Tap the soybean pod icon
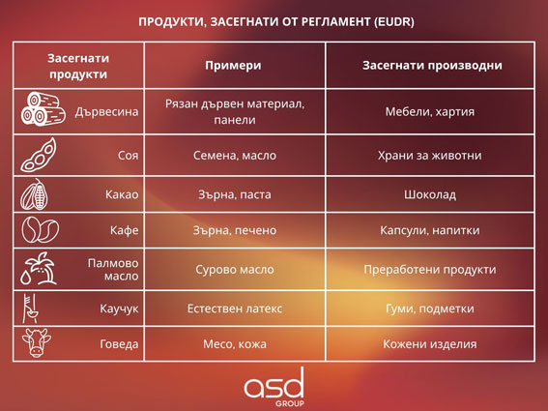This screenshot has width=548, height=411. coord(39,155)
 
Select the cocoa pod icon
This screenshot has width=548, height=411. coord(34,194)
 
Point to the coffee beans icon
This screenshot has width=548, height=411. coord(41,230)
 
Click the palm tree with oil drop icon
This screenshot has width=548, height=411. coord(39,269)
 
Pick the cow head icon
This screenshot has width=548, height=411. coord(37,342)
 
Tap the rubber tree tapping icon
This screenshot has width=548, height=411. coord(31,308)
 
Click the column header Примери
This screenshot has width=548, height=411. coord(233,66)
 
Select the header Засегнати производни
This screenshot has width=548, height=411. coord(432,66)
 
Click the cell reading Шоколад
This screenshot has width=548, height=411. coord(430,194)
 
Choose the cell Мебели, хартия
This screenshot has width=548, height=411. coord(430,112)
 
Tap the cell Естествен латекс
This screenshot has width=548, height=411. coord(235,308)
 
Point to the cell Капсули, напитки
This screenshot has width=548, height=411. coord(430,230)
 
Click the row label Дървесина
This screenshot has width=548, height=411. coord(106,112)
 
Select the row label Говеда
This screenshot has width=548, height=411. coord(119,344)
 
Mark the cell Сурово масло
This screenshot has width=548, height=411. coord(235,270)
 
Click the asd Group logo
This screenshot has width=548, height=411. coord(274,387)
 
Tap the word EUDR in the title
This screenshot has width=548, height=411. coord(393,21)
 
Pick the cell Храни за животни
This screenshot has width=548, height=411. coord(430,156)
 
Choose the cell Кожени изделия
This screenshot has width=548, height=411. coord(430,344)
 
